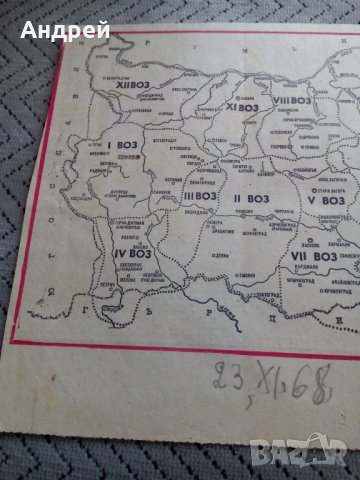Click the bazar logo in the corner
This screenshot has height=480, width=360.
[328, 456]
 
